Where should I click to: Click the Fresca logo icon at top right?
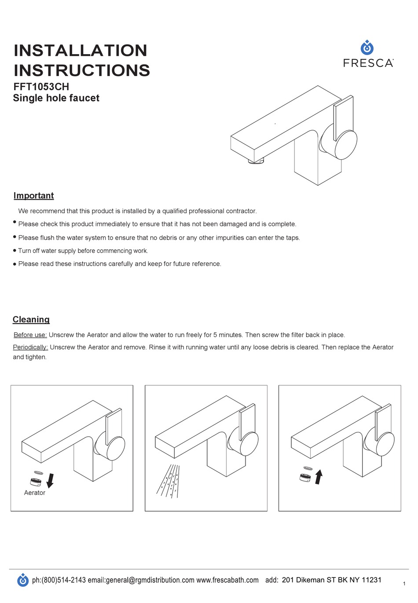pyautogui.click(x=367, y=48)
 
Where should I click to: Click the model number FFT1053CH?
pyautogui.click(x=41, y=87)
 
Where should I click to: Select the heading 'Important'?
pyautogui.click(x=33, y=196)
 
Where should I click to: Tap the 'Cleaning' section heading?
pyautogui.click(x=31, y=320)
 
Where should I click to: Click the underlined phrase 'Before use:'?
pyautogui.click(x=30, y=335)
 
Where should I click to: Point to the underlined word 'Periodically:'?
pyautogui.click(x=30, y=347)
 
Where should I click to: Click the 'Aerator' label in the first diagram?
pyautogui.click(x=34, y=493)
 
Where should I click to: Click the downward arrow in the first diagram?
pyautogui.click(x=50, y=480)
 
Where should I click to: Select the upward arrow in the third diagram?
pyautogui.click(x=319, y=477)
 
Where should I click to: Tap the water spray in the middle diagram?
pyautogui.click(x=169, y=481)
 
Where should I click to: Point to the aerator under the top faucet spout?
pyautogui.click(x=256, y=161)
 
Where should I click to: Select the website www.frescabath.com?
pyautogui.click(x=227, y=580)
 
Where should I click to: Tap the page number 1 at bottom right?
pyautogui.click(x=404, y=584)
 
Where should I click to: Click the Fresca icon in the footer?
pyautogui.click(x=23, y=580)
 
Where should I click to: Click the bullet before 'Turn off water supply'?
pyautogui.click(x=15, y=251)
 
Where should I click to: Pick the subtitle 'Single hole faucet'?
pyautogui.click(x=56, y=98)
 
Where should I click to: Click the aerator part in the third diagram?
pyautogui.click(x=304, y=477)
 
